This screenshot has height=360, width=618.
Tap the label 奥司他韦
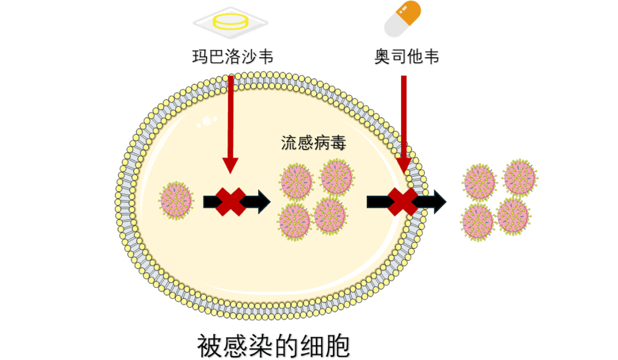407,57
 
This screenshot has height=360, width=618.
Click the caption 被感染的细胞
273,346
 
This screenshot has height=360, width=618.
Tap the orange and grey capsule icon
402,18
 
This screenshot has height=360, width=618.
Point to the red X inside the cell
231,201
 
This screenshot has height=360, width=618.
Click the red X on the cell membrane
403,201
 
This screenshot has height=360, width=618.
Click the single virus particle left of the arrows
176,200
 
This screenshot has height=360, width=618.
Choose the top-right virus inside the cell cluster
337,177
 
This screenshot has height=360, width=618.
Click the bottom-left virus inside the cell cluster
294,220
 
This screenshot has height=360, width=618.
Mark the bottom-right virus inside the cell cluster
331,215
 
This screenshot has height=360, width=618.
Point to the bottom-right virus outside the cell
513,216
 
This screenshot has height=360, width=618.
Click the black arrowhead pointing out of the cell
438,201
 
